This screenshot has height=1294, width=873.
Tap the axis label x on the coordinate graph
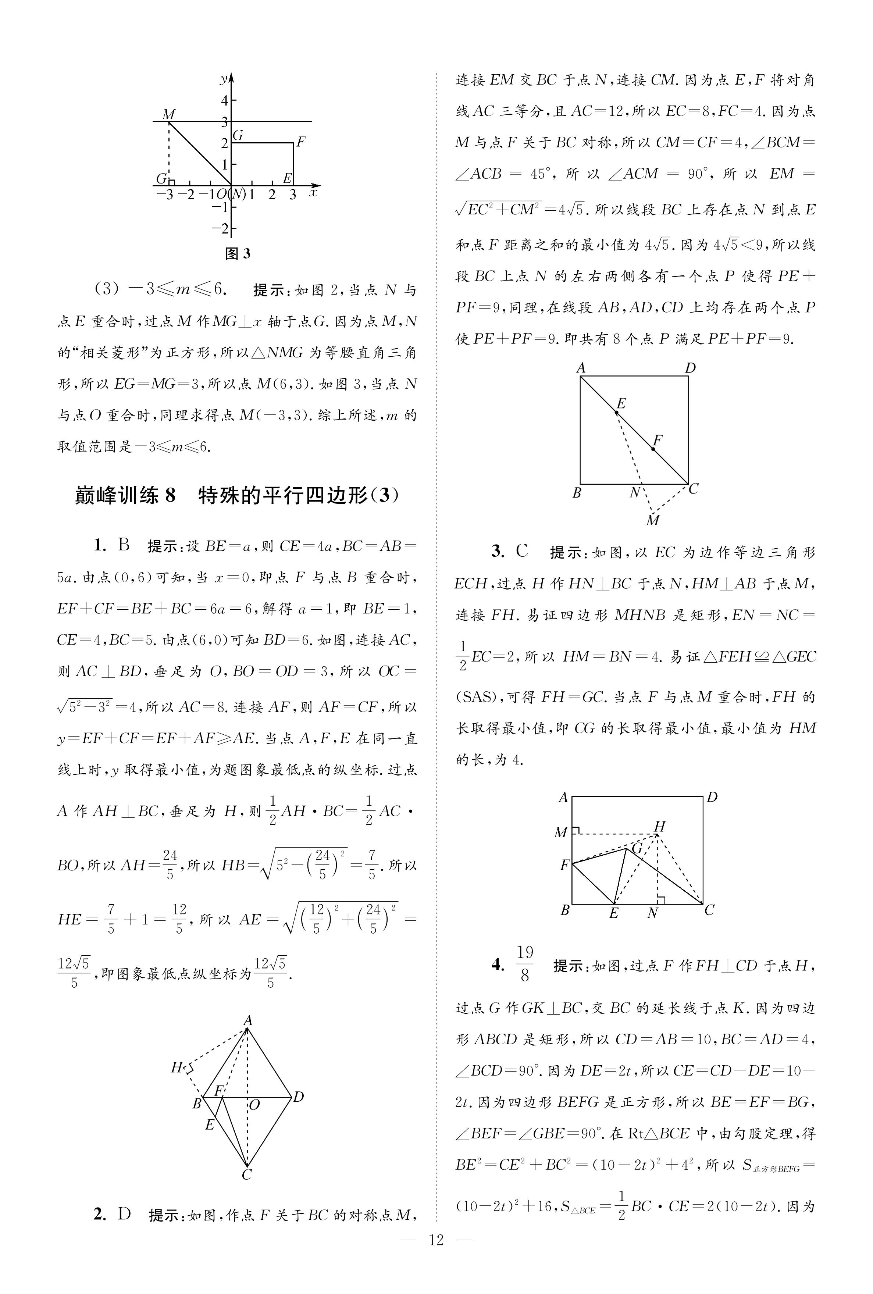(x=313, y=193)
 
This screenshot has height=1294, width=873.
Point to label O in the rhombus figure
(x=254, y=1105)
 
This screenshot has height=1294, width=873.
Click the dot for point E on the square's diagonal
(x=616, y=413)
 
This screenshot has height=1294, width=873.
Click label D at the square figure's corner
(x=690, y=368)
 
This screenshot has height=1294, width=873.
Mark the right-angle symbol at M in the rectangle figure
(x=576, y=831)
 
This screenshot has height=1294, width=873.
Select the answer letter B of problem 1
(x=124, y=545)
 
